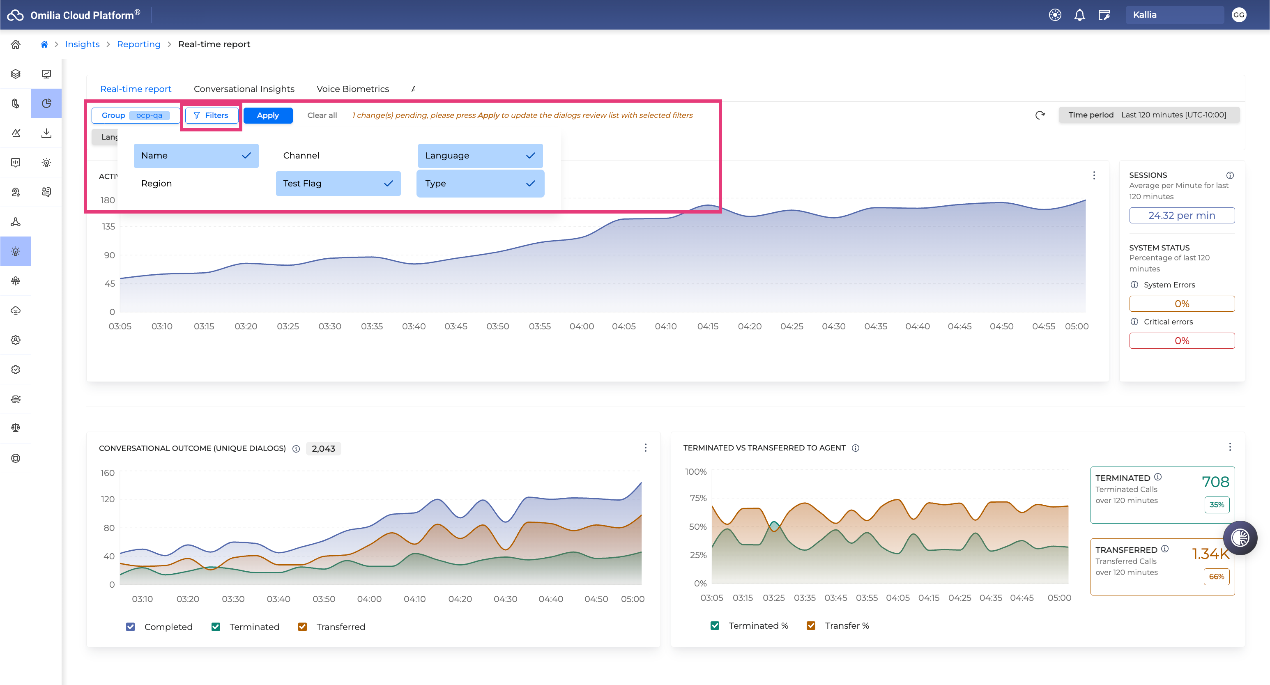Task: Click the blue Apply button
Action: point(268,115)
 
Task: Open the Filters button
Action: point(211,115)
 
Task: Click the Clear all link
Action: point(322,115)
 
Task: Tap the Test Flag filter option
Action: point(338,183)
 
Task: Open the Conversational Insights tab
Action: point(244,89)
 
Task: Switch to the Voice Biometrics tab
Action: point(352,89)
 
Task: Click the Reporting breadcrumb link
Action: point(138,44)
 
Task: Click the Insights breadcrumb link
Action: point(82,44)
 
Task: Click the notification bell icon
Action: point(1079,15)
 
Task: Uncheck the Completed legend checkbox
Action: point(131,627)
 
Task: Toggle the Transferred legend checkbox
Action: point(303,627)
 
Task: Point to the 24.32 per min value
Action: point(1182,215)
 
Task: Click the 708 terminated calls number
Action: point(1215,482)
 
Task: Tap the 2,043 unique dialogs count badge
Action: point(323,449)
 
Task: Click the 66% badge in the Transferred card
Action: point(1216,577)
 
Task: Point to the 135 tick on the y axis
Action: point(108,227)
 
